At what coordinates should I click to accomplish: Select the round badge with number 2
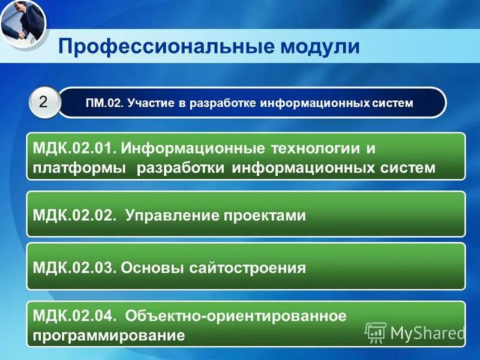44,102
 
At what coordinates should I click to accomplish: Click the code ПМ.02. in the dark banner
103,103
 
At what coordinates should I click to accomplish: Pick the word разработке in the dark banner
223,103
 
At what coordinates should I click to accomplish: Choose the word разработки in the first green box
182,167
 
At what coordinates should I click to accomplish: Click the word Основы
150,267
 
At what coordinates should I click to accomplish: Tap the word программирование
109,335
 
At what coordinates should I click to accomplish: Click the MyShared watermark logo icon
376,332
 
